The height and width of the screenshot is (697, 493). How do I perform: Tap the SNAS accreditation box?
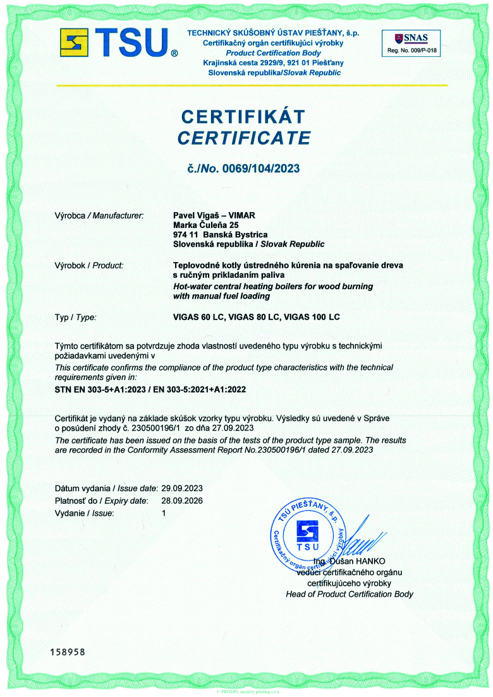pos(411,43)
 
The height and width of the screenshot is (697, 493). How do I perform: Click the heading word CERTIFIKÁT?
pos(243,116)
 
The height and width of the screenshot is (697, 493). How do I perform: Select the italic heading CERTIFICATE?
pos(244,138)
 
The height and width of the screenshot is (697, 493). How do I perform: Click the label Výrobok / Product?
pos(89,266)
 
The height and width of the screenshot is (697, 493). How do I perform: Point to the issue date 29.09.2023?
pos(183,489)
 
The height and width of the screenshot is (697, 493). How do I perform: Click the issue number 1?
pos(164,513)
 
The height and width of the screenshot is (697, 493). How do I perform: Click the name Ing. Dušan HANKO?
pos(350,561)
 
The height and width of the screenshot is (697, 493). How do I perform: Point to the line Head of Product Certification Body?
pos(350,593)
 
